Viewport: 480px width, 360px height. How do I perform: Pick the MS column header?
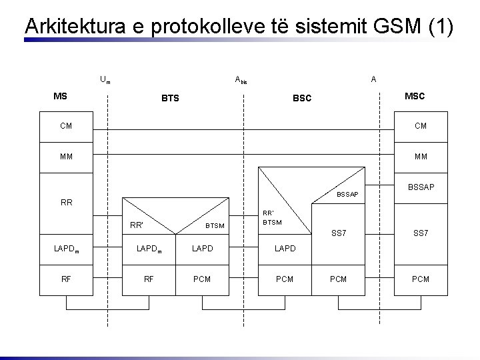pos(60,97)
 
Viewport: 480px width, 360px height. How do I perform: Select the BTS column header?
pos(170,99)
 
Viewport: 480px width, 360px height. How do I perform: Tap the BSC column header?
pos(302,99)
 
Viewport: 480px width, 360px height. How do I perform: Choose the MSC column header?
pos(415,97)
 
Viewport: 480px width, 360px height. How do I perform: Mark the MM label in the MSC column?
pos(421,157)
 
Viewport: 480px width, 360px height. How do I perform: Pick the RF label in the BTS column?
pos(149,279)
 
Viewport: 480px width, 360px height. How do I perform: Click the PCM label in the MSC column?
pos(420,279)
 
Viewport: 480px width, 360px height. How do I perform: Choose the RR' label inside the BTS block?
pos(137,225)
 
